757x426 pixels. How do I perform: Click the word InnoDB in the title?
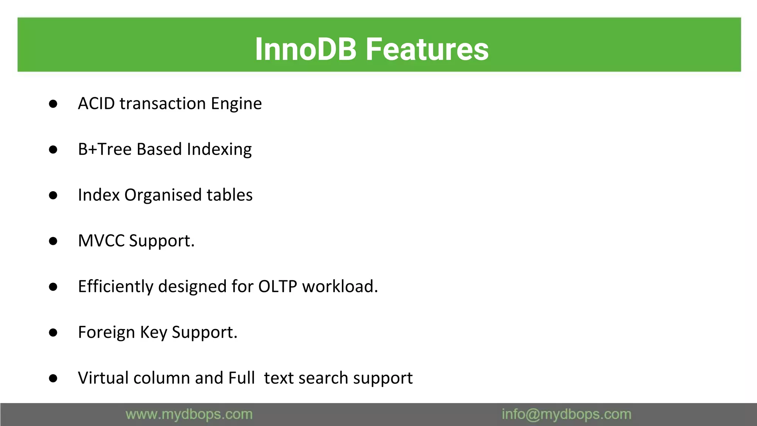pyautogui.click(x=305, y=49)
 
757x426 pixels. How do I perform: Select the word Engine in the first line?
pyautogui.click(x=236, y=104)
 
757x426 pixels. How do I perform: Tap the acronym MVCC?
pyautogui.click(x=101, y=241)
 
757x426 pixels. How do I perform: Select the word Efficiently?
pyautogui.click(x=116, y=287)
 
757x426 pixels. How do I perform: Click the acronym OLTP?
pyautogui.click(x=278, y=287)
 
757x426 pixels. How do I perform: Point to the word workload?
pyautogui.click(x=340, y=287)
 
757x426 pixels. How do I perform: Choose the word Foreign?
pyautogui.click(x=106, y=332)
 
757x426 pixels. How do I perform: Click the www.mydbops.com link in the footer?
pyautogui.click(x=189, y=415)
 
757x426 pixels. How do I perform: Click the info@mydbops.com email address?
pyautogui.click(x=566, y=415)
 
